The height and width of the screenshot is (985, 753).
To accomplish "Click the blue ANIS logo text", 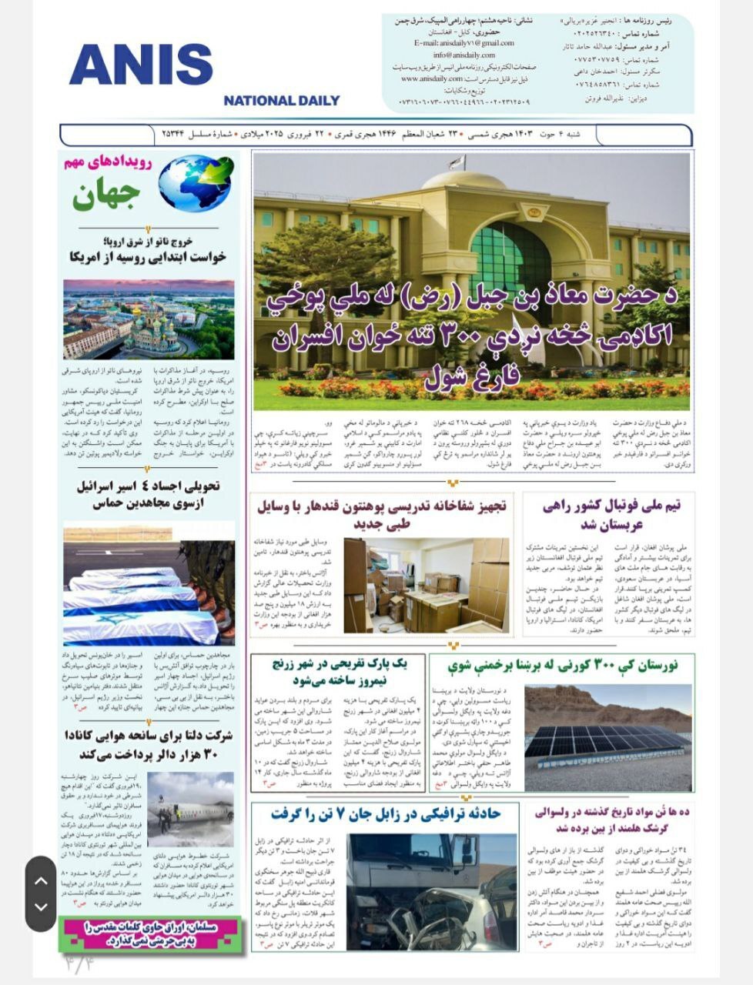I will [x=140, y=65].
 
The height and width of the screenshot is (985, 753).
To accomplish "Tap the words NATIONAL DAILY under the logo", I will [x=281, y=100].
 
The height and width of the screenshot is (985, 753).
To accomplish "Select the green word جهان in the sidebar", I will [x=106, y=196].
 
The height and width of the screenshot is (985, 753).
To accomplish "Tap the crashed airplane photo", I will [x=190, y=810].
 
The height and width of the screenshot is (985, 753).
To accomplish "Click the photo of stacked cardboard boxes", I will [x=426, y=584].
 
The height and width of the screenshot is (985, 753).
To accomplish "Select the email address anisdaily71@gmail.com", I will [x=464, y=43].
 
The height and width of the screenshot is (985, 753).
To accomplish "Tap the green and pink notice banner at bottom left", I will [x=151, y=933].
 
